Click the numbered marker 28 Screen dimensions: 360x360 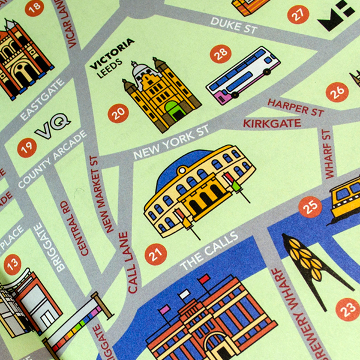[x=221, y=54]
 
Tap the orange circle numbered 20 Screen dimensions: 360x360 [x=118, y=112]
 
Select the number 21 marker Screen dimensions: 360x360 [x=155, y=254]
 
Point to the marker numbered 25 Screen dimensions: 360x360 [x=310, y=207]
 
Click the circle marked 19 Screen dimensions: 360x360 [x=27, y=147]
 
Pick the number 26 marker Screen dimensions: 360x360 [x=337, y=91]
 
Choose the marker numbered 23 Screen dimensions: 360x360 [x=348, y=310]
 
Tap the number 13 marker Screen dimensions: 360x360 [x=12, y=264]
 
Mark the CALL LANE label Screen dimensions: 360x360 [x=128, y=262]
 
